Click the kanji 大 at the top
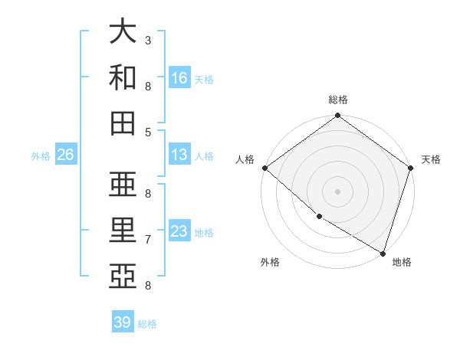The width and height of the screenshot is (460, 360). point(123,32)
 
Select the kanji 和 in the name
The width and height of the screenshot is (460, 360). point(123,77)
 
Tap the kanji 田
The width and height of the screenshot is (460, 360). point(123,123)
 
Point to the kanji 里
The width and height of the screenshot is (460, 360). point(123,231)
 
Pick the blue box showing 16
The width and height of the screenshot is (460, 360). point(179,77)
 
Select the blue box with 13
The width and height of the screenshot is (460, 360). point(179,155)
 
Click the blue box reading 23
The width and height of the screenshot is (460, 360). point(179,231)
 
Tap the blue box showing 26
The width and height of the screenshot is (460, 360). point(65,155)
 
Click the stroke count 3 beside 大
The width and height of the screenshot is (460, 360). point(148,40)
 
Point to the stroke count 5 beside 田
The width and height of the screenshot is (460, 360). point(148,132)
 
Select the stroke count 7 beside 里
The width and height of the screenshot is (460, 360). point(148,240)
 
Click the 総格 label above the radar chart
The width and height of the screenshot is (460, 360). point(337,100)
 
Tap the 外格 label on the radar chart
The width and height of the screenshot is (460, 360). point(270,262)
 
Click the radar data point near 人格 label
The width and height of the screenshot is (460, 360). point(264,168)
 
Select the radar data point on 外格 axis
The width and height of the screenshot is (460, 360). point(319,217)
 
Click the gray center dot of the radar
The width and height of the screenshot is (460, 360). point(337,191)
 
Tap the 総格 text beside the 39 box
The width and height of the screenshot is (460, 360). point(147,324)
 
